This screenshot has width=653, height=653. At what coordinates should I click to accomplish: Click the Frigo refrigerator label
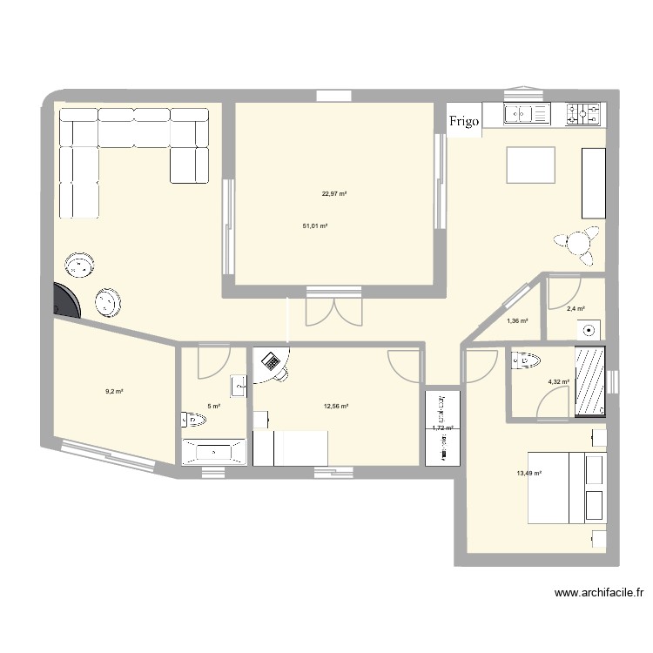click(x=464, y=123)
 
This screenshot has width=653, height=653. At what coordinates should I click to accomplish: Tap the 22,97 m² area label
click(x=335, y=195)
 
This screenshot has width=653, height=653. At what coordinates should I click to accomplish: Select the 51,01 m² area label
click(x=314, y=226)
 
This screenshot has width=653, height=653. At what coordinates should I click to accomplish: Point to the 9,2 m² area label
click(x=114, y=392)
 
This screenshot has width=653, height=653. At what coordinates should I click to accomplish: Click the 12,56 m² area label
click(x=336, y=407)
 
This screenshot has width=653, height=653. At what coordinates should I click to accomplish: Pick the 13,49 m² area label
click(x=528, y=474)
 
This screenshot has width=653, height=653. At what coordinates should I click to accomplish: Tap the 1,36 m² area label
click(x=517, y=321)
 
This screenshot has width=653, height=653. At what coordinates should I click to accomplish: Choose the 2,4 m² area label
click(x=576, y=309)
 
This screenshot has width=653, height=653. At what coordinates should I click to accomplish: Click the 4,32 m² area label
click(x=558, y=381)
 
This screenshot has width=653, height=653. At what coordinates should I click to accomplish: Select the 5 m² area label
click(x=213, y=406)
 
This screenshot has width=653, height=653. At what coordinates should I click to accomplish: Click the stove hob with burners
click(x=584, y=113)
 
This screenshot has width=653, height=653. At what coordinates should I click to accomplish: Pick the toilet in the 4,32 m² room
click(x=528, y=360)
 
